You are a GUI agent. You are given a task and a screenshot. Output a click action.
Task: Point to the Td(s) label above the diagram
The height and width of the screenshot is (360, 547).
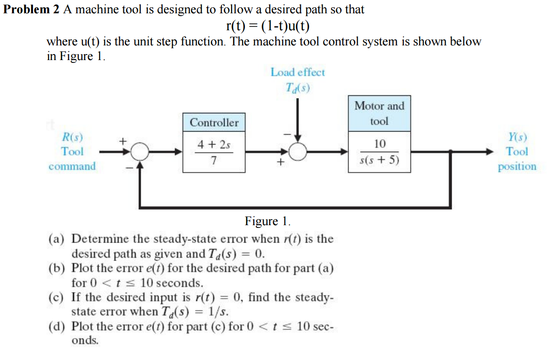tap(297, 87)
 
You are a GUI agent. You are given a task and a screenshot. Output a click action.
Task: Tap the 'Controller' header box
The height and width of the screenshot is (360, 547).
tap(214, 122)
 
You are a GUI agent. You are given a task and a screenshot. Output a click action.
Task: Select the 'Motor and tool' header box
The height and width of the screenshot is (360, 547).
tap(379, 113)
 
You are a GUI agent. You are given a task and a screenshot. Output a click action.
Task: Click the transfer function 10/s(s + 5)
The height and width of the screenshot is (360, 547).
tap(379, 152)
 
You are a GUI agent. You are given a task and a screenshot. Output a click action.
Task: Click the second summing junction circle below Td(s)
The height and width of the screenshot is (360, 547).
tap(298, 152)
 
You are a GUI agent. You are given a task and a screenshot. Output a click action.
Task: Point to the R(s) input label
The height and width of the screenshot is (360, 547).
tap(72, 137)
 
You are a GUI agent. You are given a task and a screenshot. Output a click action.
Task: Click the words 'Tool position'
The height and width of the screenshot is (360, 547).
tap(517, 159)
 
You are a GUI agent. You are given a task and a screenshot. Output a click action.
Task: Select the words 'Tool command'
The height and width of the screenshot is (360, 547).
tap(72, 159)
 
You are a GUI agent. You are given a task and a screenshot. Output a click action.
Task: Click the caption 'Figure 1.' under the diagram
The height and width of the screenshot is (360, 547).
tap(267, 222)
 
